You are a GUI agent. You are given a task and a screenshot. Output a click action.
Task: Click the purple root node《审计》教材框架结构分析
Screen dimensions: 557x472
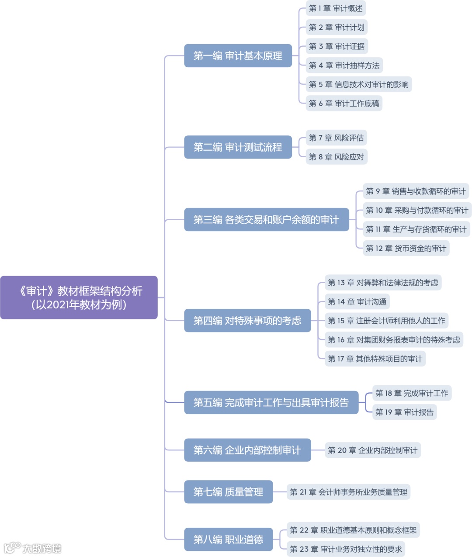pos(79,298)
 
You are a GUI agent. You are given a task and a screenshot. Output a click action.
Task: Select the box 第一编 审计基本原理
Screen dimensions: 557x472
pos(238,56)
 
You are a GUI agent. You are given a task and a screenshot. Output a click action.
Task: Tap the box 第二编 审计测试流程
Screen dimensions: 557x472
pos(238,147)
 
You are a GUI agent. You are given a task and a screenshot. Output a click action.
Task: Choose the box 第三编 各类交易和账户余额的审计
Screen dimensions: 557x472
pos(266,220)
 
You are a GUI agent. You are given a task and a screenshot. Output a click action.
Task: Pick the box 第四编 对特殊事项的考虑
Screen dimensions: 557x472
pos(247,321)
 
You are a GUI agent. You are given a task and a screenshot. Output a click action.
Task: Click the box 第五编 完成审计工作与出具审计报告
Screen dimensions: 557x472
pos(271,402)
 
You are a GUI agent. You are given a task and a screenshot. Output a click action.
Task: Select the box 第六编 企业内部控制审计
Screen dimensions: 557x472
pos(247,450)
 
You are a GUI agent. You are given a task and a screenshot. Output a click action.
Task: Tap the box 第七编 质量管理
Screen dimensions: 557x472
pos(228,492)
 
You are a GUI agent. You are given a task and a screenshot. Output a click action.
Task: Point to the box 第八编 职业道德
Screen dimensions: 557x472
pos(228,540)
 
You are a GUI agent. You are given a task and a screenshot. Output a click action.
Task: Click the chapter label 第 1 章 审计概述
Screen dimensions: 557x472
pos(336,8)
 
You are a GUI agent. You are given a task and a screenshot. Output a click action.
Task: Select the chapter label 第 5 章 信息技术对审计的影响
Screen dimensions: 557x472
pos(358,84)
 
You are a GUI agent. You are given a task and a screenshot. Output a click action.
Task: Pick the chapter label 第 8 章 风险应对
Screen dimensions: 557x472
pos(336,157)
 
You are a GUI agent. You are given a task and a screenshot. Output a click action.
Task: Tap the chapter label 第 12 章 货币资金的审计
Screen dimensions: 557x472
pos(406,248)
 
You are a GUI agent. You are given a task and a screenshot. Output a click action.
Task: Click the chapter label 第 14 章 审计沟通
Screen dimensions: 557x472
pos(357,302)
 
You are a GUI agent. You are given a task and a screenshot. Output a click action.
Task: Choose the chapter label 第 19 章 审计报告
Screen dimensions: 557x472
pos(404,412)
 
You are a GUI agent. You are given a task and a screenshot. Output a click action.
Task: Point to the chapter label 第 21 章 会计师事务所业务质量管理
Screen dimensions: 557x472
pos(348,492)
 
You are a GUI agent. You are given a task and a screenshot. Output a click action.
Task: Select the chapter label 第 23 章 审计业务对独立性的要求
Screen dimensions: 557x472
pos(346,549)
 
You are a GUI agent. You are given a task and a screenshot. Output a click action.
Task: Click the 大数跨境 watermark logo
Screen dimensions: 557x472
pos(33,548)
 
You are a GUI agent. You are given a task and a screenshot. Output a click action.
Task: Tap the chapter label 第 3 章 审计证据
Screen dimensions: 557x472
pos(337,46)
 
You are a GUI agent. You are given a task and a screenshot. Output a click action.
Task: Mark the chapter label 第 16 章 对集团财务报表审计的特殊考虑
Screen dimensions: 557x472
pos(394,340)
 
